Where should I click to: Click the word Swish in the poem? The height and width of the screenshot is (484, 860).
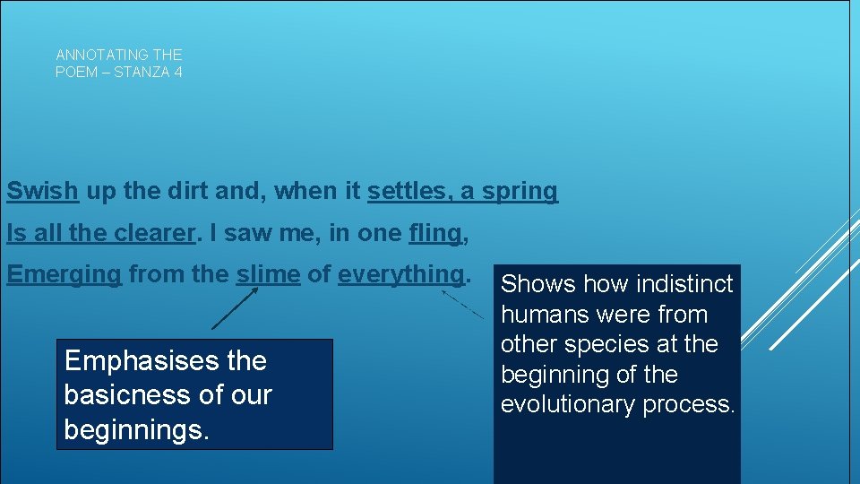coord(42,192)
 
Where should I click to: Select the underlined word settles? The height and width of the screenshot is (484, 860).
coord(405,192)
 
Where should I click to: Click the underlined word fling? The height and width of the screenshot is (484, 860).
coord(434,234)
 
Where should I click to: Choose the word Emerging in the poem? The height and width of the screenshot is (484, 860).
coord(64,275)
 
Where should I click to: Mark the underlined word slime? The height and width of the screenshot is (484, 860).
coord(268,274)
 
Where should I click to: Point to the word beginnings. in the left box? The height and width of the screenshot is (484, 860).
coord(137,429)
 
